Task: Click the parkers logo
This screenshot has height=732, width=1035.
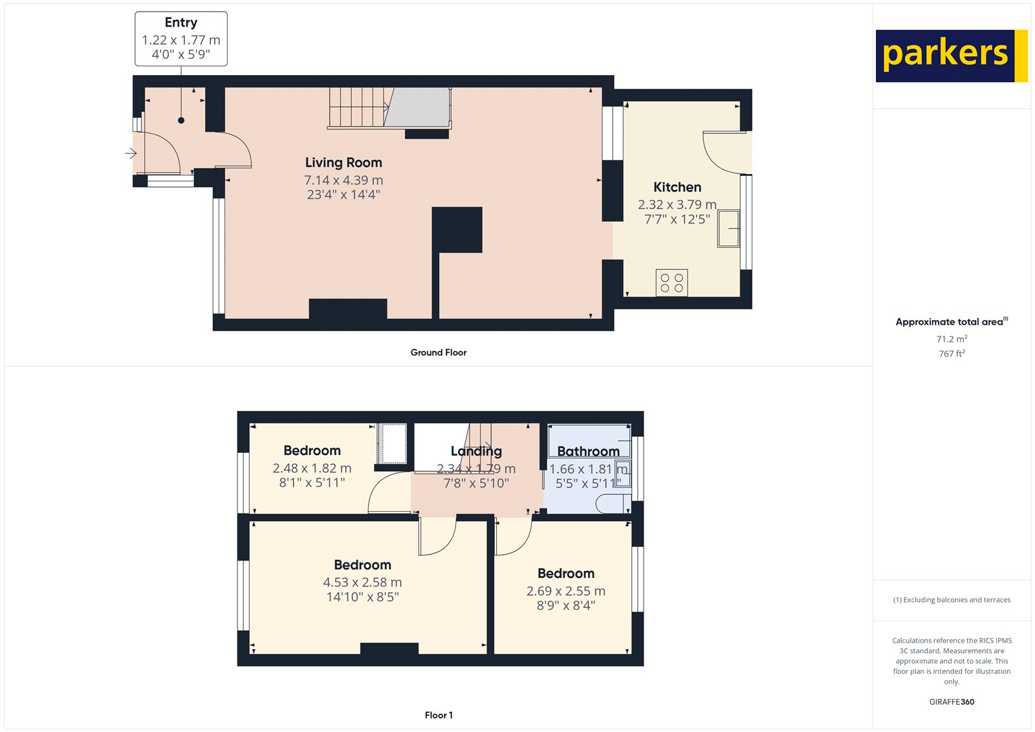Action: pos(951,56)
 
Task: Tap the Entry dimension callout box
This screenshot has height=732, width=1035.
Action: pos(181,39)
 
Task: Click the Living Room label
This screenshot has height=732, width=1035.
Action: pos(343,162)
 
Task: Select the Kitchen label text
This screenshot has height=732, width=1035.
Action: pos(677,187)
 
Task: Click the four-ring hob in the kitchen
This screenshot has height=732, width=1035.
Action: pos(671,283)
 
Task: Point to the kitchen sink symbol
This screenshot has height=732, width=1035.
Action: pos(728,228)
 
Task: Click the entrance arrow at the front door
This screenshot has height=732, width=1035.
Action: pos(131,153)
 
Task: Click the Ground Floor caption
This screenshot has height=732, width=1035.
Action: pos(438,352)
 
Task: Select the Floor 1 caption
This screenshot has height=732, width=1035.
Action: pos(439,715)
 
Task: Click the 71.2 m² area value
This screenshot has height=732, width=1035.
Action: pos(952,339)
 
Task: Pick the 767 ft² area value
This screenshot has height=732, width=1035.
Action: pos(952,353)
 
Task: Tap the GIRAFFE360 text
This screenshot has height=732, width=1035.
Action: pos(952,702)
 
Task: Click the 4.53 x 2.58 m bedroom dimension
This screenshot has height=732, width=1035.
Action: pos(362,582)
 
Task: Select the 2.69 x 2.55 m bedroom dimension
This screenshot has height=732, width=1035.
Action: pos(566,591)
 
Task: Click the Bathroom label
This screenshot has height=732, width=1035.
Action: pos(588,451)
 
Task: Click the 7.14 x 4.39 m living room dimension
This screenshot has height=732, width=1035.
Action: pos(343,180)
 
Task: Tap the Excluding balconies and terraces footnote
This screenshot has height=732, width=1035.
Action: pos(952,600)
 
